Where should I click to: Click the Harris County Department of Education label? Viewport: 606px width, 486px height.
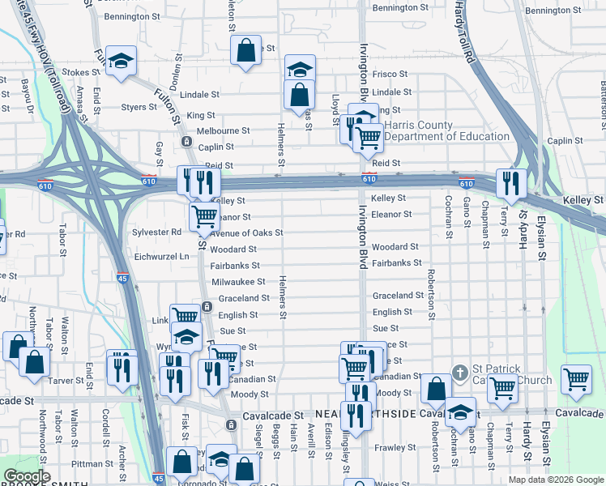(x=446, y=130)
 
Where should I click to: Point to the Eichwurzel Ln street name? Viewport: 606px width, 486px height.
(x=161, y=256)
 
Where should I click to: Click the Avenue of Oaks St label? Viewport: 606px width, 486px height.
(x=247, y=233)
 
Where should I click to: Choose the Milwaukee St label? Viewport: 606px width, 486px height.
(x=238, y=282)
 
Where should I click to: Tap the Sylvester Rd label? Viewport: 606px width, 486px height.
(x=157, y=232)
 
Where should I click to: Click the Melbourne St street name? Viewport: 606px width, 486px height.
(x=223, y=130)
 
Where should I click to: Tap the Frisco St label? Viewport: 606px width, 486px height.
(x=390, y=73)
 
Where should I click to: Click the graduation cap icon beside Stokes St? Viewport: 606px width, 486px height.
(x=121, y=61)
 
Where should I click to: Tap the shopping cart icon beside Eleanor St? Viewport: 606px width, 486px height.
(x=204, y=215)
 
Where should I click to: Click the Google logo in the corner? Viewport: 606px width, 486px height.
(x=28, y=477)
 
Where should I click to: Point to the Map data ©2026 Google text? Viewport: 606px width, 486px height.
(x=555, y=480)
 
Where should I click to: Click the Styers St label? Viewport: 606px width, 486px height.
(x=138, y=106)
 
